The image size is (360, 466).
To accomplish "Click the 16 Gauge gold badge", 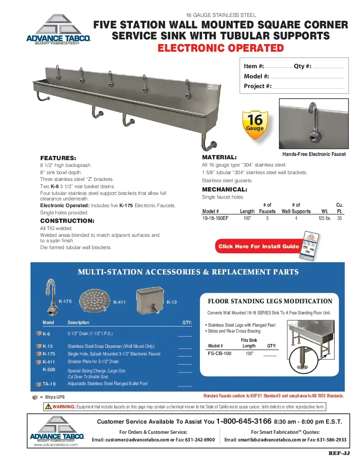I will pyautogui.click(x=255, y=125).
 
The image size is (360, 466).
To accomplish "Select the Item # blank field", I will pyautogui.click(x=278, y=67).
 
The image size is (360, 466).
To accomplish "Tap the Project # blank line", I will pyautogui.click(x=308, y=87).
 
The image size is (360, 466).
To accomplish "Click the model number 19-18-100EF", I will pyautogui.click(x=216, y=218).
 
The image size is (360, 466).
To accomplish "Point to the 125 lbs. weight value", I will pyautogui.click(x=325, y=218).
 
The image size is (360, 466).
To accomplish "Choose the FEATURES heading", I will pyautogui.click(x=58, y=158).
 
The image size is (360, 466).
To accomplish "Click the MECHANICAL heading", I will pyautogui.click(x=224, y=189).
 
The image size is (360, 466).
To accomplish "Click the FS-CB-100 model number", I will pyautogui.click(x=220, y=353).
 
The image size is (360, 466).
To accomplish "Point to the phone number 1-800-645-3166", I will pyautogui.click(x=244, y=422).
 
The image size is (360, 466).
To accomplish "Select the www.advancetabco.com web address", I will pyautogui.click(x=56, y=445).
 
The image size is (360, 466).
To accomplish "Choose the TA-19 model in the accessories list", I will pyautogui.click(x=49, y=384).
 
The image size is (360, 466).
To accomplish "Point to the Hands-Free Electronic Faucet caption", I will pyautogui.click(x=314, y=154).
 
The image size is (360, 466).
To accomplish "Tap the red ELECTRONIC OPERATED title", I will pyautogui.click(x=220, y=48).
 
